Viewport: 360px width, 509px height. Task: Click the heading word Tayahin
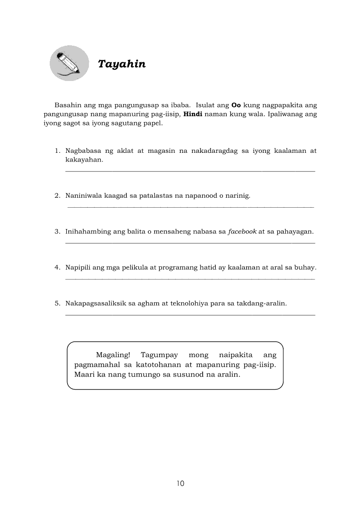(x=122, y=64)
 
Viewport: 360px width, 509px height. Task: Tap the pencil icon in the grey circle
(x=70, y=64)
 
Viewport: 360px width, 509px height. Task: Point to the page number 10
(x=180, y=483)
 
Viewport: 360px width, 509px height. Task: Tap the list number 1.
(x=57, y=151)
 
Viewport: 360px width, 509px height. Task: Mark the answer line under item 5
(x=190, y=314)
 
